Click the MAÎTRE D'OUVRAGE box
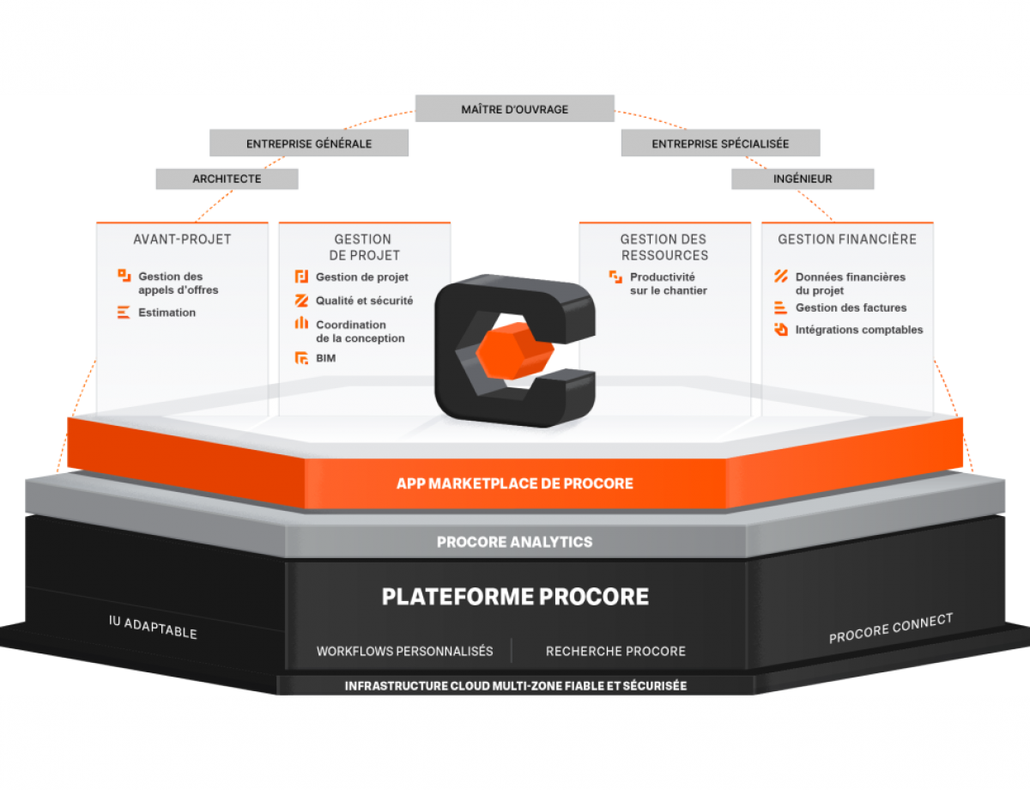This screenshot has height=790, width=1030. coord(515,108)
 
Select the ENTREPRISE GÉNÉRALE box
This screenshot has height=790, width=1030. coord(309,143)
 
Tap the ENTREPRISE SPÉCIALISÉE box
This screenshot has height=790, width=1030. coord(720,143)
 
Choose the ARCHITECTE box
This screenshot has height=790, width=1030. coord(227,179)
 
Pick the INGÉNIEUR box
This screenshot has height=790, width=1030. coord(803,179)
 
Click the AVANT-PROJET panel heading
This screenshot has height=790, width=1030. coord(182,240)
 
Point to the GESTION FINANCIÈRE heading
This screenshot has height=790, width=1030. coord(847,240)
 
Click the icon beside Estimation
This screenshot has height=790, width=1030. coord(124,312)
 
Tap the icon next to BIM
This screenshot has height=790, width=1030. coord(301,358)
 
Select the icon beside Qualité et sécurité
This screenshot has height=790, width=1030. coord(301,301)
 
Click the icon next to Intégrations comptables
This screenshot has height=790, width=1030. coord(781,329)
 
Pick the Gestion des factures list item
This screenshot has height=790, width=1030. coord(851,307)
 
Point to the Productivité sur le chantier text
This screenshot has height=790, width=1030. coord(669,283)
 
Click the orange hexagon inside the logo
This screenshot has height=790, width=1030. coord(515,351)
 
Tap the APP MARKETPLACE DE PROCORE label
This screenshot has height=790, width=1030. coord(515,483)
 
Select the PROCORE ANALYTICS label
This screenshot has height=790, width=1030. coord(515,542)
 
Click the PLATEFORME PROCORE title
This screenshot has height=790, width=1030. coord(515,597)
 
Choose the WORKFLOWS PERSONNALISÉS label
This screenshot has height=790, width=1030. coord(405,651)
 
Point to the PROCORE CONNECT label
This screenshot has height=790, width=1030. coord(891,629)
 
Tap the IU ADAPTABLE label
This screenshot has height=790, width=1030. coord(153,628)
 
